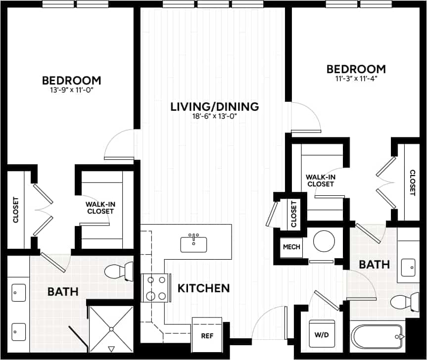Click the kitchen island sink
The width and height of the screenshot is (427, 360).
(194, 242)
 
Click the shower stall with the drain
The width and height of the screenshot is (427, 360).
(110, 328)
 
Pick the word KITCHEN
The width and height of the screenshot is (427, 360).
(204, 288)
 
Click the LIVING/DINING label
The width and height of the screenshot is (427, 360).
(215, 106)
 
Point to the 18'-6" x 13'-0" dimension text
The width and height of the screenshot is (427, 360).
(215, 117)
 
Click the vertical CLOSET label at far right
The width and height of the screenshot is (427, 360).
(412, 182)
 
